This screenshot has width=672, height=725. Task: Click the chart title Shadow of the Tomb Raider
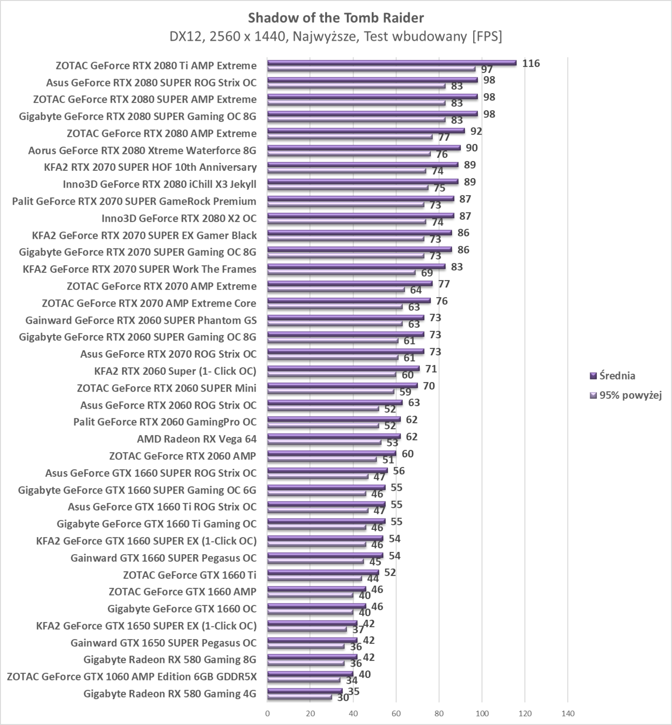(x=335, y=18)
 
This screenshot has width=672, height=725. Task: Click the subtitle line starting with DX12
(x=335, y=37)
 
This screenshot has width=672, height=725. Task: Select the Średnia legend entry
(x=617, y=375)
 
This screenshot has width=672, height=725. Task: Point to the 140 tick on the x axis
(x=567, y=713)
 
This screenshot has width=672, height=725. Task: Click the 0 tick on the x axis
(x=267, y=713)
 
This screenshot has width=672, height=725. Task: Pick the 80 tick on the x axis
(x=439, y=713)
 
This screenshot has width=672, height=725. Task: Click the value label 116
(x=531, y=63)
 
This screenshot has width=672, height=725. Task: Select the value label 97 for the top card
(x=487, y=69)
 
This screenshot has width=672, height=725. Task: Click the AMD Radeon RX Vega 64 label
(x=196, y=439)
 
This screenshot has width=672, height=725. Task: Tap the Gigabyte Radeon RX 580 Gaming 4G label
(x=169, y=694)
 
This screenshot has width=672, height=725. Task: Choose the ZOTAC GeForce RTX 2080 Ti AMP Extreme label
(x=156, y=65)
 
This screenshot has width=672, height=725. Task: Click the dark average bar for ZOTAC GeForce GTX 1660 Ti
(x=323, y=572)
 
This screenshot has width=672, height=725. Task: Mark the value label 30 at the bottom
(x=343, y=698)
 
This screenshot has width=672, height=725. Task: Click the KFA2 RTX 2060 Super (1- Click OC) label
(x=175, y=371)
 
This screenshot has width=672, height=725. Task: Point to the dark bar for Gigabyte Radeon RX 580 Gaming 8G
(x=312, y=657)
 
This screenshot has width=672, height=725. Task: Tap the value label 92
(x=476, y=131)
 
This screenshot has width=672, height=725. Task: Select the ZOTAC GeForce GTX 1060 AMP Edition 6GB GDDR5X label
(x=132, y=677)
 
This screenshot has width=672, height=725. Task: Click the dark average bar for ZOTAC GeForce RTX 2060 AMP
(x=331, y=453)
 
